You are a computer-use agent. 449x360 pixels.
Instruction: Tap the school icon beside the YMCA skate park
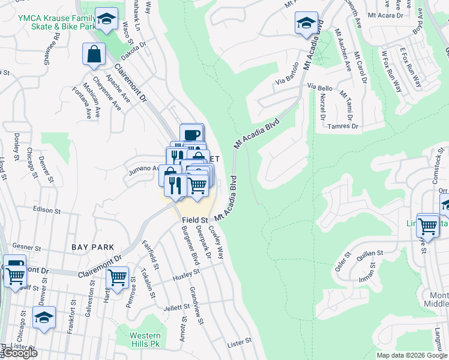pos(107,20)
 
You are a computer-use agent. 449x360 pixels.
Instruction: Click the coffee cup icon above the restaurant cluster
pos(191,134)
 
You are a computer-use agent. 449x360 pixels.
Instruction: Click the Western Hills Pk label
pos(146,340)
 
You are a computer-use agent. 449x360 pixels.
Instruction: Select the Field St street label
pos(194,221)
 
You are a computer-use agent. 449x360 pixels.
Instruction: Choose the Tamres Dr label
pos(343,127)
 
